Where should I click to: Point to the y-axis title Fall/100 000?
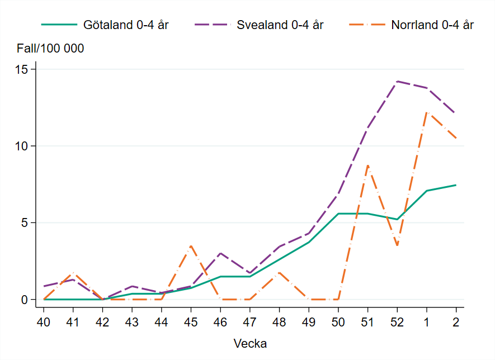(50, 49)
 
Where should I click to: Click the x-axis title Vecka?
(249, 343)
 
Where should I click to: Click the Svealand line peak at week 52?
(397, 82)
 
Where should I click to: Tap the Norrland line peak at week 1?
(427, 112)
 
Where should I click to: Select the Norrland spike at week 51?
(367, 165)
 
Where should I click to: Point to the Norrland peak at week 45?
(191, 245)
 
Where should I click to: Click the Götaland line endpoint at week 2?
(456, 185)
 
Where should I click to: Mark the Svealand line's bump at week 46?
(220, 253)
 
